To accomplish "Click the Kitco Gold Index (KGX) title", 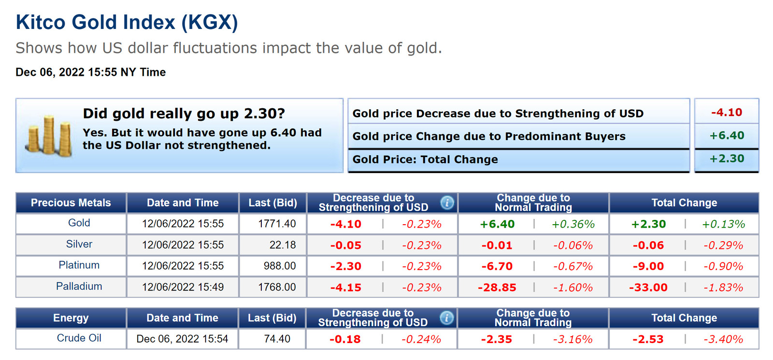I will (x=127, y=23).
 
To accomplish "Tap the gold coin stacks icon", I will (x=49, y=136).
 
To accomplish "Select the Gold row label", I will (x=79, y=223).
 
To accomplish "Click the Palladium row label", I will (x=79, y=287).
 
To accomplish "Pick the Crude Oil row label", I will (x=79, y=338).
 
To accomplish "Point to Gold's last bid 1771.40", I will (x=277, y=224).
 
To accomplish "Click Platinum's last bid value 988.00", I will (x=280, y=266).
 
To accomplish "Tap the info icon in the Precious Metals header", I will (x=447, y=203).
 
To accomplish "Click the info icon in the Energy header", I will (x=447, y=318).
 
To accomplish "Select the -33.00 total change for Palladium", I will (x=648, y=288).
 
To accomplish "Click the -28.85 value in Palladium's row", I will (x=497, y=288).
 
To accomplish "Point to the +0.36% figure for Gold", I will (x=573, y=224).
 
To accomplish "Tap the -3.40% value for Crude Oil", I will (x=723, y=339).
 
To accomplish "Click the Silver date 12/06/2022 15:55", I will (x=183, y=245).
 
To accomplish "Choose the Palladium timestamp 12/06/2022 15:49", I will (x=183, y=287).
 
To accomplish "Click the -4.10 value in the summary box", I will (x=726, y=113).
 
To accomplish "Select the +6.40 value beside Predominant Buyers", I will (x=726, y=136).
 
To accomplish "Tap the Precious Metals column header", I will (x=71, y=203).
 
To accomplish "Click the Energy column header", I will (x=71, y=318).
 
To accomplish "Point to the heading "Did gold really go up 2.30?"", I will (x=184, y=114).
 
